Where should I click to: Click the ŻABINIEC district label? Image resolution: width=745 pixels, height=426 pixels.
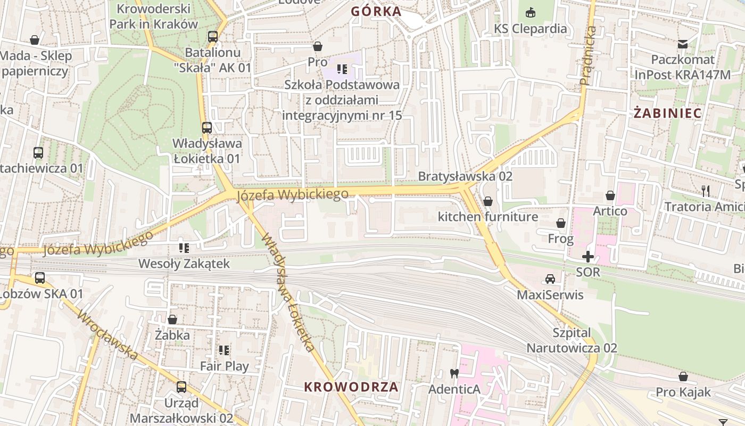click(667, 113)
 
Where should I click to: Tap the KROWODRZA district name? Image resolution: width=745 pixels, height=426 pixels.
click(351, 387)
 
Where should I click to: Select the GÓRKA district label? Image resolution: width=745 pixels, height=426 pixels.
click(376, 11)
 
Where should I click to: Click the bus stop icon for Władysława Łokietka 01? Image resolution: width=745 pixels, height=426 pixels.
click(207, 128)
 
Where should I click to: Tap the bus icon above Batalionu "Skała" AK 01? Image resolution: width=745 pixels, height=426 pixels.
click(213, 37)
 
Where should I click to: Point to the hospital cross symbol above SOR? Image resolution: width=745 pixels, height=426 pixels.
click(587, 257)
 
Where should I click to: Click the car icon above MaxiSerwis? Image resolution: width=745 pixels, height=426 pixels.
click(550, 279)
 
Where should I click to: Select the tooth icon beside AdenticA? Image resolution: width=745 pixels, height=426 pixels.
click(454, 373)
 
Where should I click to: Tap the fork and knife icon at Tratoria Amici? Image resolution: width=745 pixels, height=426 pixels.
click(706, 191)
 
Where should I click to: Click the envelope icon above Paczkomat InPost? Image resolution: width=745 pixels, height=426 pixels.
click(683, 44)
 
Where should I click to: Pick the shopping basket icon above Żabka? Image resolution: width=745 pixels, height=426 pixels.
click(172, 319)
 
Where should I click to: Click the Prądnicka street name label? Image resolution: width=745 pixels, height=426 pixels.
click(589, 55)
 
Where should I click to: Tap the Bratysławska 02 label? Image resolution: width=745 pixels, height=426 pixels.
click(465, 176)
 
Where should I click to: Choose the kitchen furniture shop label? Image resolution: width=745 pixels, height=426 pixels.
click(487, 217)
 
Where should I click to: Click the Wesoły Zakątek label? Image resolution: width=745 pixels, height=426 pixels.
click(184, 264)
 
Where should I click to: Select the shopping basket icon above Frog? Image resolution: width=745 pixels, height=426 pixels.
click(560, 223)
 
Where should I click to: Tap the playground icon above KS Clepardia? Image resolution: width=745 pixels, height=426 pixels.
click(531, 12)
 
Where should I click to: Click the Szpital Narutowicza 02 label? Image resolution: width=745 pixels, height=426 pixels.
click(572, 341)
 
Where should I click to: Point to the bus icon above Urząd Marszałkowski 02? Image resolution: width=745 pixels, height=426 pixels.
click(181, 387)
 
